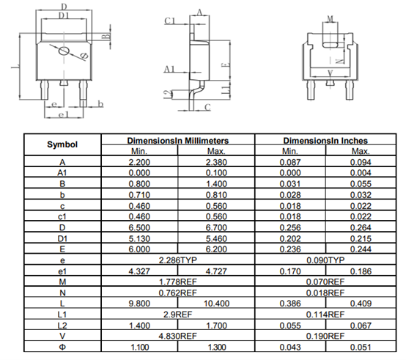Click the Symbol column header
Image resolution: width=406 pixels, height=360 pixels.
[62, 144]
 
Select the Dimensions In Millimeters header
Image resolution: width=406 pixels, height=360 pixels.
[178, 141]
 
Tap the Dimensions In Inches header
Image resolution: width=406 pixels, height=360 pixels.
[325, 141]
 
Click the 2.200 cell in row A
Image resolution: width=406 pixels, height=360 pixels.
[139, 162]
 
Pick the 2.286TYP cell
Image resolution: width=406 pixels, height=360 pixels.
[178, 260]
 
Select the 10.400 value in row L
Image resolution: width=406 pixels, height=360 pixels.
[216, 304]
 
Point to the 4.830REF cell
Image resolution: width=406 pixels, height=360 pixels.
[178, 337]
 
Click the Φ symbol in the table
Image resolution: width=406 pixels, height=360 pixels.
[62, 347]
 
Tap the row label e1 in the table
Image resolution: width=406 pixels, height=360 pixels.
[62, 271]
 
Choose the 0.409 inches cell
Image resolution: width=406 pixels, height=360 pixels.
[361, 304]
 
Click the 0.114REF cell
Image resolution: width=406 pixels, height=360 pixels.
[325, 315]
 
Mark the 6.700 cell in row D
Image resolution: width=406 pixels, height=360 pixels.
[216, 227]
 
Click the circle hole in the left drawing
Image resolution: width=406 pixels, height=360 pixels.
[64, 51]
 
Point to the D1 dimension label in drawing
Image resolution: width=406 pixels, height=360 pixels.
[64, 15]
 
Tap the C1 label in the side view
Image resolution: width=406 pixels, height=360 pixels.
[170, 21]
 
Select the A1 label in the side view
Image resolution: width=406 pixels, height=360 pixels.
[169, 69]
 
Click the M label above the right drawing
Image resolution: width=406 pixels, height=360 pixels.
[330, 18]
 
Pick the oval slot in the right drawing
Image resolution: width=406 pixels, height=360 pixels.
[330, 45]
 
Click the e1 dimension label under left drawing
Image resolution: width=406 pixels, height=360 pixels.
[64, 114]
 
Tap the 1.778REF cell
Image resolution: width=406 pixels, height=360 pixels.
[178, 282]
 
